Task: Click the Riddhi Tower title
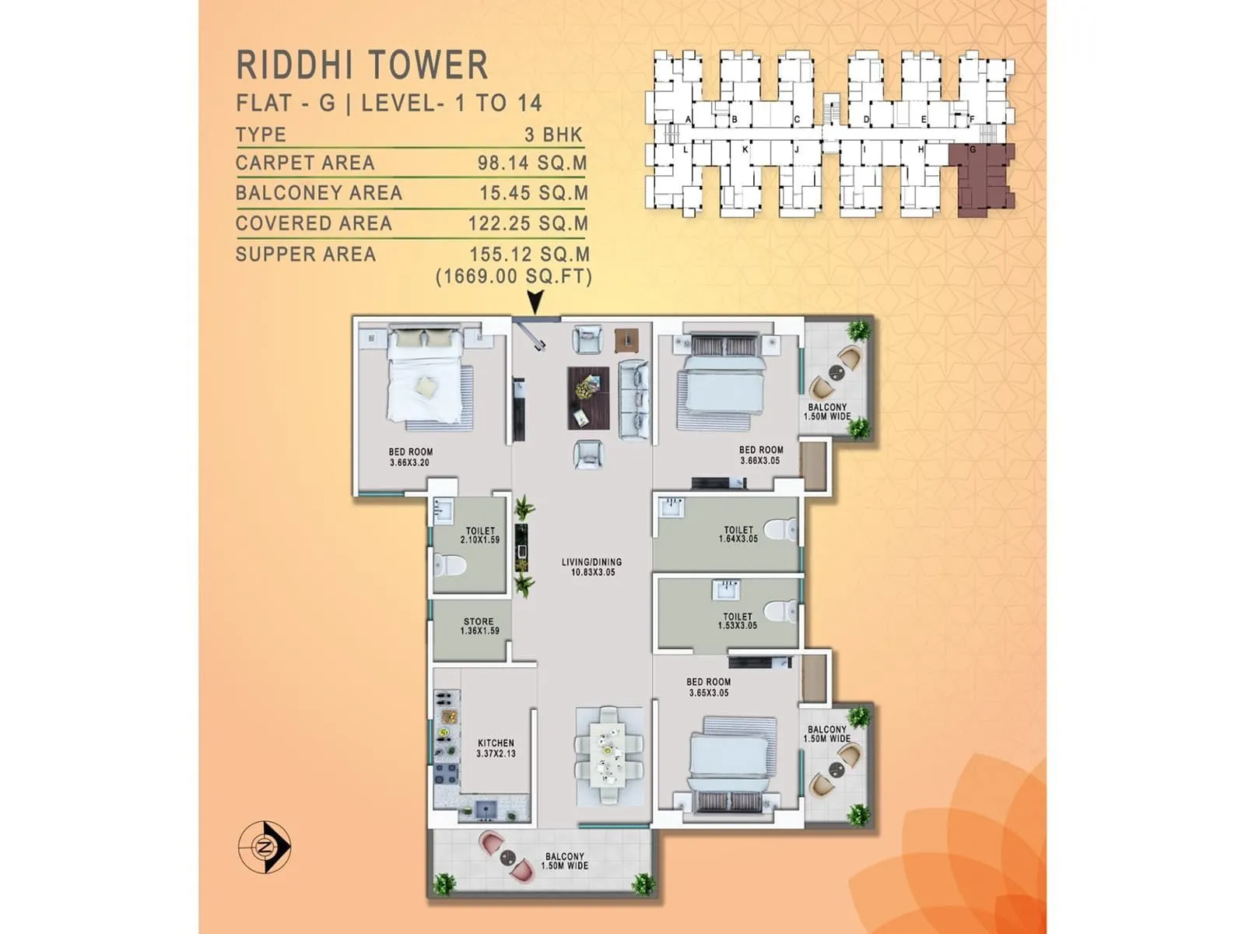tap(362, 65)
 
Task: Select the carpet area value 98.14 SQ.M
tap(532, 163)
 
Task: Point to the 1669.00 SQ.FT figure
tap(514, 276)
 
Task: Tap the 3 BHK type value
tap(553, 135)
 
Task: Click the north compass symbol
tap(265, 846)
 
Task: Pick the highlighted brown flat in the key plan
tap(982, 175)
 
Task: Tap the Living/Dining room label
tap(592, 567)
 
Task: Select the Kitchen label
tap(496, 748)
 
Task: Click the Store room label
tap(479, 627)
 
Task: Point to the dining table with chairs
tap(608, 755)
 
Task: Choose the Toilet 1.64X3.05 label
tap(738, 534)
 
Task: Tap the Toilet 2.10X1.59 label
tap(479, 535)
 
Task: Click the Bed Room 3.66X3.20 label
tap(410, 457)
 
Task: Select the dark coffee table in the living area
tap(587, 398)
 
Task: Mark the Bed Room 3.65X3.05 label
tap(708, 687)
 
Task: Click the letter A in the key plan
tap(689, 119)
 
